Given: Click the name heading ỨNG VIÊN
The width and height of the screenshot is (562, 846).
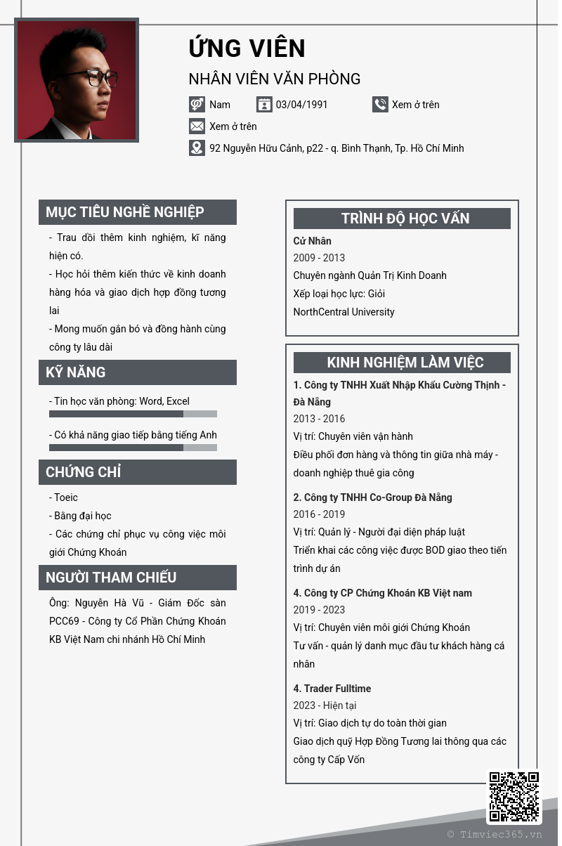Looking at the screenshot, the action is (x=247, y=48).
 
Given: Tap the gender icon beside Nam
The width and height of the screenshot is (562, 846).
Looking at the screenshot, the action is (x=197, y=105).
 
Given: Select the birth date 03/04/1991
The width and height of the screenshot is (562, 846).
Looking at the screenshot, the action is (x=301, y=105).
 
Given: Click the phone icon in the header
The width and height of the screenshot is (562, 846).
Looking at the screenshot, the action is (x=380, y=105).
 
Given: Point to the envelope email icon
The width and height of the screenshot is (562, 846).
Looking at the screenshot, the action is (x=197, y=126).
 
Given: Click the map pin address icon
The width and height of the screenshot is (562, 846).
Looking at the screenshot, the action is (x=197, y=148).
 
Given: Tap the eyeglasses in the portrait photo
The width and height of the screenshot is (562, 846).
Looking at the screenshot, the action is (x=99, y=77).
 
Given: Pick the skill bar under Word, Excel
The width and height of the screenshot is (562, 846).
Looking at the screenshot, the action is (x=133, y=414).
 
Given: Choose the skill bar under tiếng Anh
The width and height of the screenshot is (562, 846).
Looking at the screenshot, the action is (x=133, y=448).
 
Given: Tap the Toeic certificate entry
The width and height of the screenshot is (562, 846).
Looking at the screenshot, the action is (x=66, y=497).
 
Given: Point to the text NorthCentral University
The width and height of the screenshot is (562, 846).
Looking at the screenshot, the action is (x=344, y=312).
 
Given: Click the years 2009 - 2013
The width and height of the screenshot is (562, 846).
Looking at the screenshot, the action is (x=319, y=258).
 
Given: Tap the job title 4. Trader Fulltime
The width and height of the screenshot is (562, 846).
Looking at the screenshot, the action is (x=332, y=689).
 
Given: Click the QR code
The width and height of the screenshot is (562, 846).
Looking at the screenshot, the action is (x=514, y=797).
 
